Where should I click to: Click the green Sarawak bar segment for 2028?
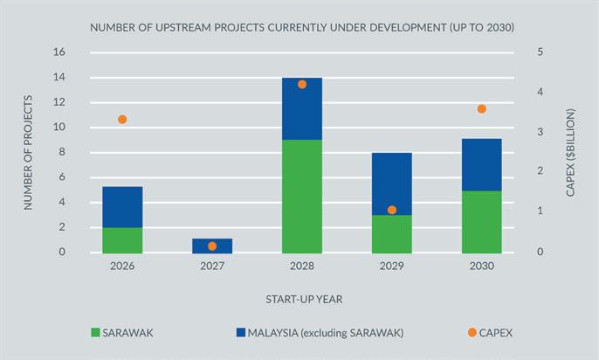[302, 196]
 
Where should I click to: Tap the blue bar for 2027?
[212, 246]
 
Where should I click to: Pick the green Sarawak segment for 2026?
[122, 239]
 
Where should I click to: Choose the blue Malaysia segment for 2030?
[482, 164]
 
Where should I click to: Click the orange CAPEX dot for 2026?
[122, 120]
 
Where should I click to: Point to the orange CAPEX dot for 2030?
[482, 109]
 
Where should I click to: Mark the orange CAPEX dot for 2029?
[392, 210]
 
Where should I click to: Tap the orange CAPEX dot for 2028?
[302, 85]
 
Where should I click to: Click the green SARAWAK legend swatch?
[95, 332]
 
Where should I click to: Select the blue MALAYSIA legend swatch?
[240, 332]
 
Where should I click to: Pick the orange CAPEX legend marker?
[472, 332]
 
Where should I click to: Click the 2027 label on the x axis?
[212, 266]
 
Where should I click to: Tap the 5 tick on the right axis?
[540, 52]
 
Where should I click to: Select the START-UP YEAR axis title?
[304, 299]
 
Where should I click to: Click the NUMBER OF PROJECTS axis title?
[28, 152]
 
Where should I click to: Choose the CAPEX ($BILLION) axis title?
[570, 152]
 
